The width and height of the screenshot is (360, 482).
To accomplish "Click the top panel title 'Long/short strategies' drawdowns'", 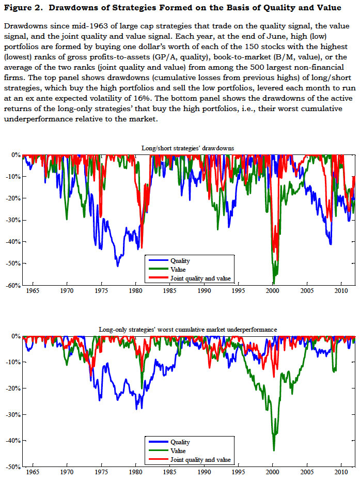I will pyautogui.click(x=188, y=148).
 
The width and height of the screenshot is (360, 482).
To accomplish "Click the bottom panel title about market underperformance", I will pyautogui.click(x=188, y=329).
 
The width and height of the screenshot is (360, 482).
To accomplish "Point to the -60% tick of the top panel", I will pyautogui.click(x=13, y=285).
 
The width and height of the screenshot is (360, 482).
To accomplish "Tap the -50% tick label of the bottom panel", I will pyautogui.click(x=13, y=467).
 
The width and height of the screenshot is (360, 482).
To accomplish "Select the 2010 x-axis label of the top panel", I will pyautogui.click(x=341, y=291).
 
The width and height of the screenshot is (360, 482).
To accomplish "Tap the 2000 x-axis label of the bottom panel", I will pyautogui.click(x=273, y=473).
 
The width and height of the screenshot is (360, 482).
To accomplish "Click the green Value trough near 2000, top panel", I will pyautogui.click(x=273, y=283).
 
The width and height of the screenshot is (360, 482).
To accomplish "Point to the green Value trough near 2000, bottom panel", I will pyautogui.click(x=274, y=450).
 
